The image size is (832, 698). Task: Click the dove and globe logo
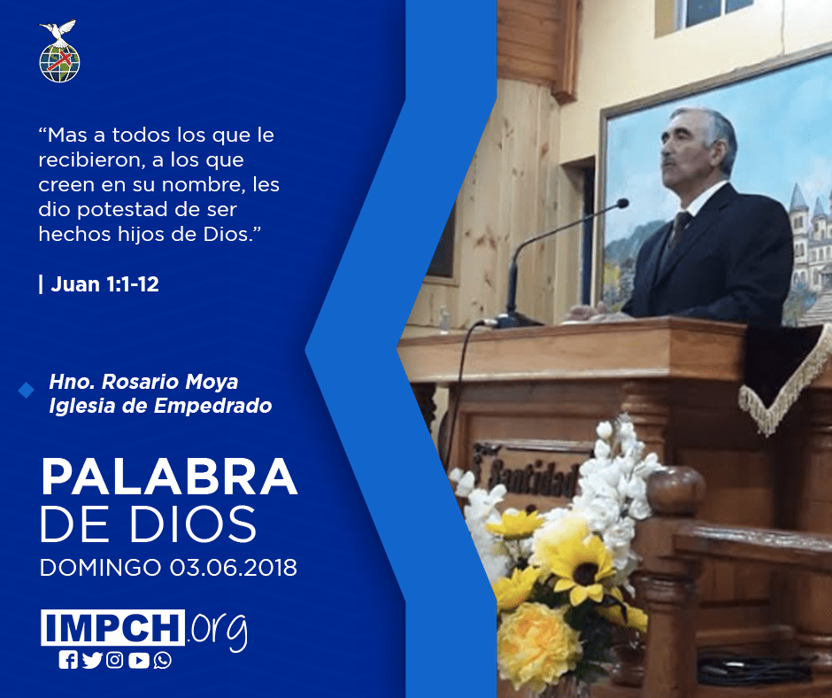(59, 51)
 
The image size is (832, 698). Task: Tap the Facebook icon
(68, 660)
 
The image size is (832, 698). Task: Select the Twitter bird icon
(92, 660)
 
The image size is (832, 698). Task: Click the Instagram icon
(114, 660)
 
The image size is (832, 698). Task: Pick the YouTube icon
(138, 660)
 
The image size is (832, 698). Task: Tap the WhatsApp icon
(162, 660)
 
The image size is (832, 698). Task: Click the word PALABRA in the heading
(169, 477)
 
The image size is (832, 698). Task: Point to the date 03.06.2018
(234, 567)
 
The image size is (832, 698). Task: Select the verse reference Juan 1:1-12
(104, 284)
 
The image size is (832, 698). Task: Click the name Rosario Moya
(170, 382)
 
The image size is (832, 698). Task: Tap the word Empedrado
(212, 406)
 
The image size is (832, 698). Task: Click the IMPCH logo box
(112, 627)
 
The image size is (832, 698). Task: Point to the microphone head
(622, 204)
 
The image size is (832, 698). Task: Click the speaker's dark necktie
(678, 229)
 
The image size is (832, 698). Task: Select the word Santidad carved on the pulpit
(532, 470)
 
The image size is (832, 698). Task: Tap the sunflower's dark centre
(586, 574)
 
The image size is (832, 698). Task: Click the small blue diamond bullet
(26, 391)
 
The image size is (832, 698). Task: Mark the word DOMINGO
(100, 567)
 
